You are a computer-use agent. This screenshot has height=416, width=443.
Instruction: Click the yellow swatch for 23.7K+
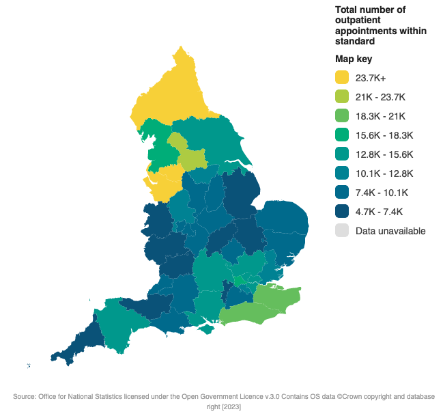(342, 77)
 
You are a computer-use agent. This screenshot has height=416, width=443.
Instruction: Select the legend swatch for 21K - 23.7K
(342, 96)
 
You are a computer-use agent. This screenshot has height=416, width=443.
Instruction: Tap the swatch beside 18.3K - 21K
(342, 115)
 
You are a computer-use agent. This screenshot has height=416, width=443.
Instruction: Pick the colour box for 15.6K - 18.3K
(342, 135)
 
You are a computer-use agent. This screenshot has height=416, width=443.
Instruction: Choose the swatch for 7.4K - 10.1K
(342, 193)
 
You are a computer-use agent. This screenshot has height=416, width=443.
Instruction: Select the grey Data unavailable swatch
(342, 231)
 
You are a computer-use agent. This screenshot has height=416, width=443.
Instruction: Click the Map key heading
(354, 59)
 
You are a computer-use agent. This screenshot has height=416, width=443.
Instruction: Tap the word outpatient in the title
(357, 20)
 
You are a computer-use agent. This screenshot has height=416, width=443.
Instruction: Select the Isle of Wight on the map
(205, 330)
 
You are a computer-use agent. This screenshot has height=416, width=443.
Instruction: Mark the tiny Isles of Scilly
(29, 366)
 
